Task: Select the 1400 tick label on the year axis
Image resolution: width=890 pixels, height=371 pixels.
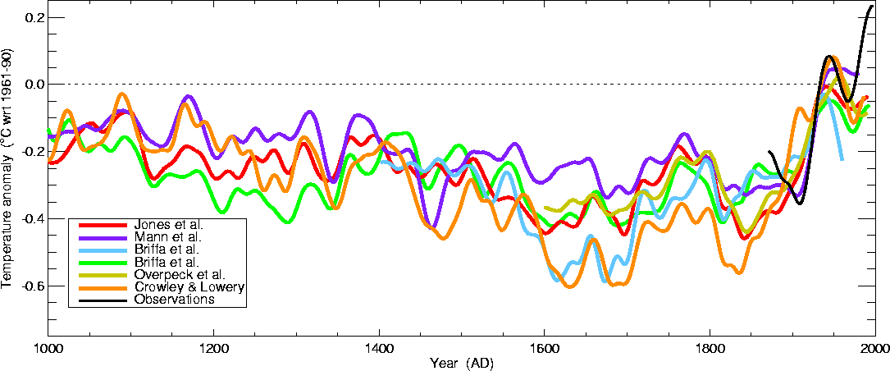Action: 379,348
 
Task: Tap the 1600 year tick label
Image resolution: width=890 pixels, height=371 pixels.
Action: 545,348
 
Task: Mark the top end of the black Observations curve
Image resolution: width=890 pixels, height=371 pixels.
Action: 872,7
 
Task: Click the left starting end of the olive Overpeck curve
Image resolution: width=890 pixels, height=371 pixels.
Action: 546,208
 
